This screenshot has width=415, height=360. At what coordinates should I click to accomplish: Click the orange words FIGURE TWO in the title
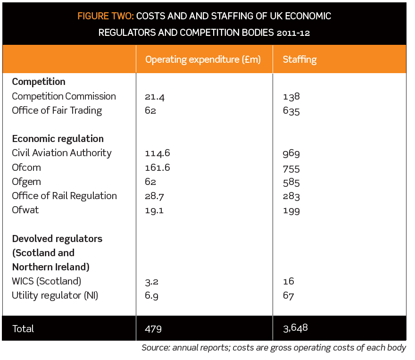tap(106, 17)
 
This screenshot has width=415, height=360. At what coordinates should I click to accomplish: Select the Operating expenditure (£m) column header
tap(203, 59)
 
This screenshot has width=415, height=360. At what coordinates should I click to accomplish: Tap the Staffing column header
tap(299, 59)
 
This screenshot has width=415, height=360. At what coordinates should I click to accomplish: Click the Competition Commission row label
tap(64, 96)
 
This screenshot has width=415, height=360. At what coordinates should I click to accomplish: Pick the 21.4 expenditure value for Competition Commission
tap(155, 97)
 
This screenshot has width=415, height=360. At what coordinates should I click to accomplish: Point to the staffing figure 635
tap(291, 111)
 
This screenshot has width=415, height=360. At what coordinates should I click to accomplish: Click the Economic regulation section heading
tap(58, 139)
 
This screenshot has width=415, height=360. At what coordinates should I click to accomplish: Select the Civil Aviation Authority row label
tap(62, 153)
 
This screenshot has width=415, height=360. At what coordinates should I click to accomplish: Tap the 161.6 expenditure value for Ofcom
tap(158, 168)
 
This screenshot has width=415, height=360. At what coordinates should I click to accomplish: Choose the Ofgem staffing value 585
tap(291, 182)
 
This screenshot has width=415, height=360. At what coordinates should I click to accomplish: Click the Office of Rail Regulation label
tap(64, 196)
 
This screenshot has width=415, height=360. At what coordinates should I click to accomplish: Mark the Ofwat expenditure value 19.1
tap(154, 210)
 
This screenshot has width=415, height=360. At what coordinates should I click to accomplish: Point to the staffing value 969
tap(291, 154)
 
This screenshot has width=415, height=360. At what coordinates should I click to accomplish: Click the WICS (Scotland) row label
tap(46, 281)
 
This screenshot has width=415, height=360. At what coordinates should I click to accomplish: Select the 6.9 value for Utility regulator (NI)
tap(152, 296)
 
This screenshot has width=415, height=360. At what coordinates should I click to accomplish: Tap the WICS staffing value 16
tap(289, 282)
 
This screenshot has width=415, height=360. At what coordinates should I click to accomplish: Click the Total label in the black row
tap(23, 329)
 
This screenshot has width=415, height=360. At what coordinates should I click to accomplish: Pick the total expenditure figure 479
tap(153, 329)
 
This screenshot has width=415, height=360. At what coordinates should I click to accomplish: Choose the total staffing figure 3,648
tap(295, 328)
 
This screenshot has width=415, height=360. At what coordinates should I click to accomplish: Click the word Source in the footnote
tap(155, 348)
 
